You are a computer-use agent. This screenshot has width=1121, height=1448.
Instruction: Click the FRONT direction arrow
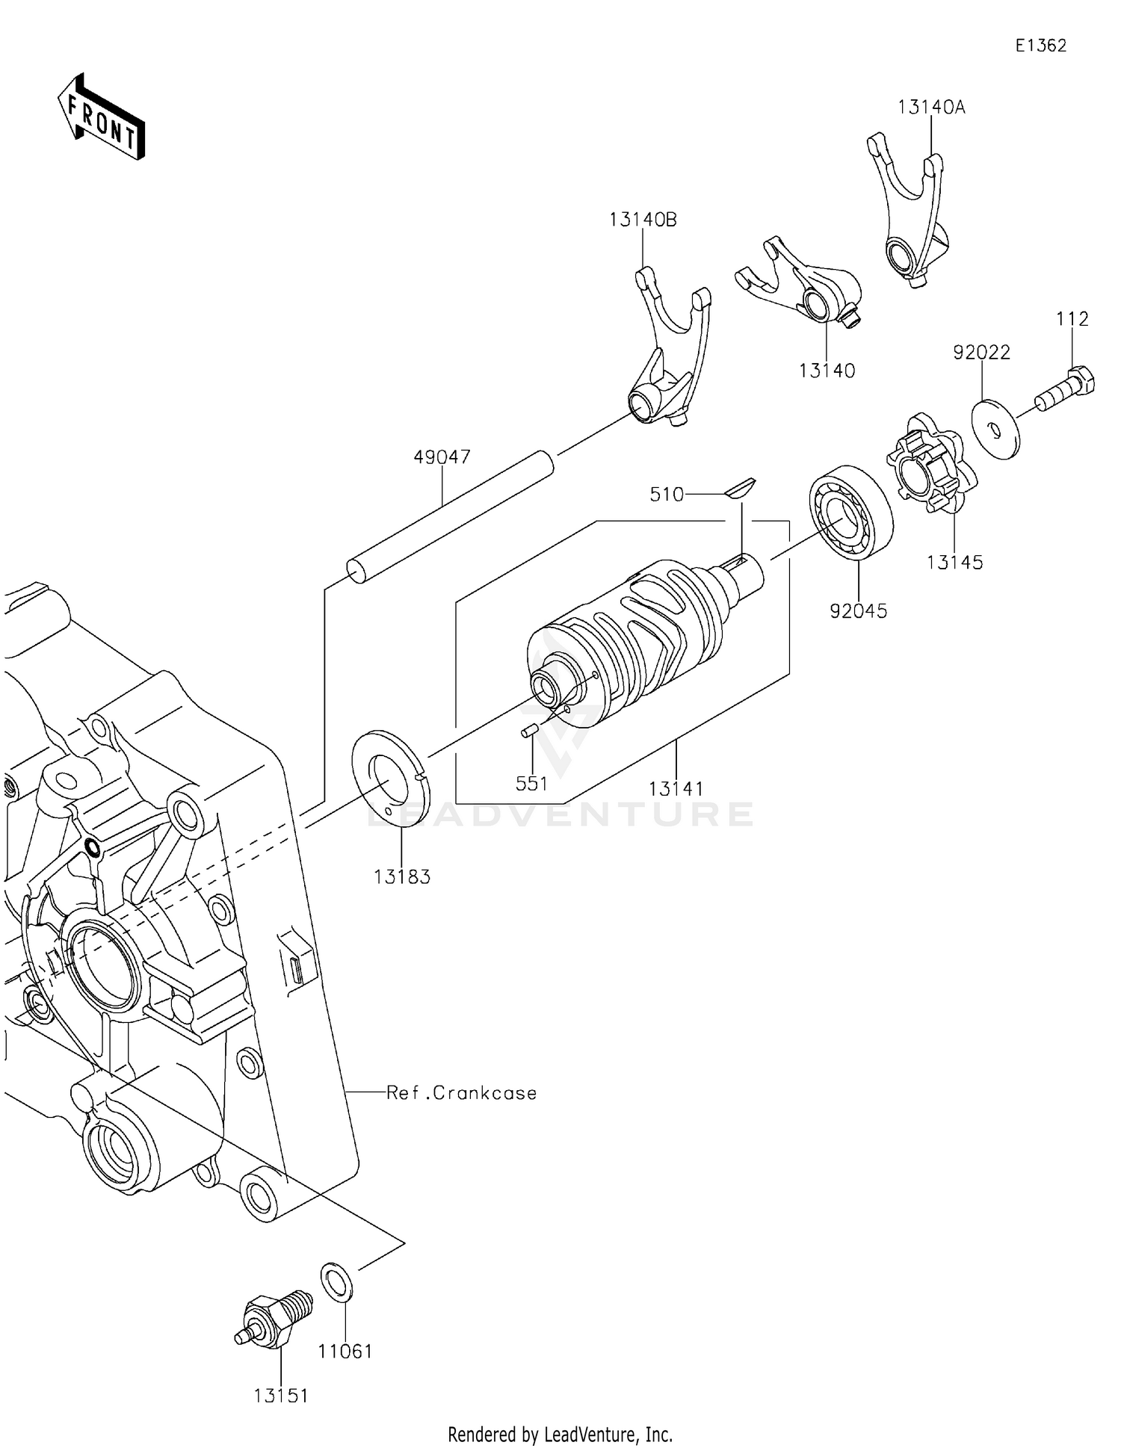pos(101,117)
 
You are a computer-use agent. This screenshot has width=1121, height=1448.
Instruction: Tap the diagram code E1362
pos(1040,46)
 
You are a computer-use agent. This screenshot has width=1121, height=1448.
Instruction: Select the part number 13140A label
pos(931,108)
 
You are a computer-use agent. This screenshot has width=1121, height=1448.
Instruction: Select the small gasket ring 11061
pos(337,1281)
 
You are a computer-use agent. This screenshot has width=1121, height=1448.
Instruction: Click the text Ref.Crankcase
pos(461,1093)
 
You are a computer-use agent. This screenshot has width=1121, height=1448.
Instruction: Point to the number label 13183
pos(402,877)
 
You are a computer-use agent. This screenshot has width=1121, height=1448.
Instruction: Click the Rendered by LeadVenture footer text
pos(560,1434)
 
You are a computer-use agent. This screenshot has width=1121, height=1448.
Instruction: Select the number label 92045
pos(858,611)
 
